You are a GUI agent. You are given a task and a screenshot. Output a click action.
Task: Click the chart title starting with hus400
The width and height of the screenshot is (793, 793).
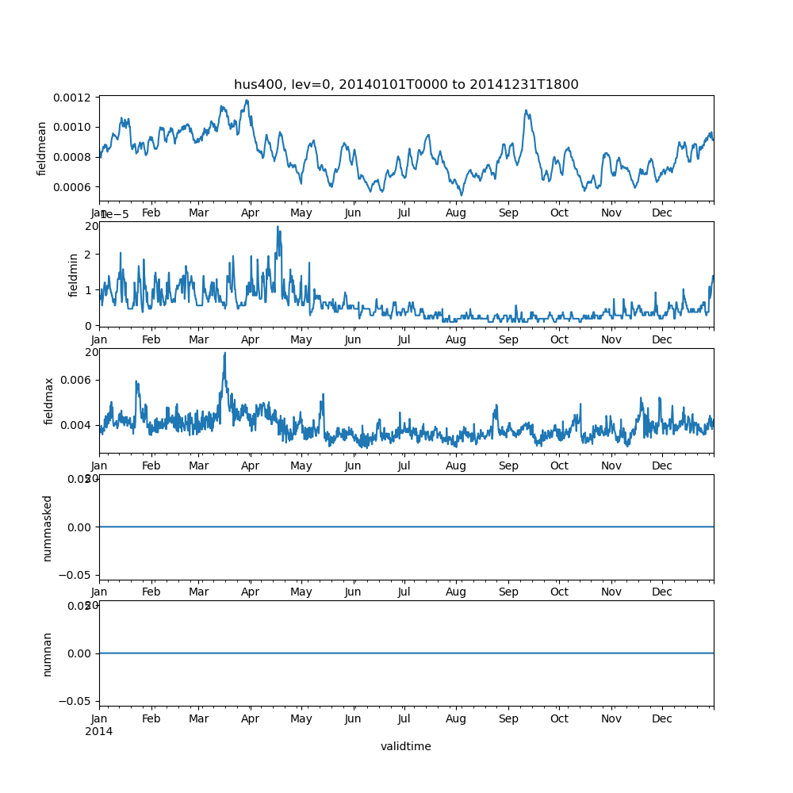(x=406, y=85)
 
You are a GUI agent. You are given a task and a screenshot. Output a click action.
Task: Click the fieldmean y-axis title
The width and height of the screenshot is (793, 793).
(x=42, y=148)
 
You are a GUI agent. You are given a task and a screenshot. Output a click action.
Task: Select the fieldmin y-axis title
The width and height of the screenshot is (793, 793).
(x=74, y=274)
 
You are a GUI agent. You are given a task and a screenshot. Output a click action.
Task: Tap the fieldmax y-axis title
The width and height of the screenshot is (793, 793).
(x=48, y=400)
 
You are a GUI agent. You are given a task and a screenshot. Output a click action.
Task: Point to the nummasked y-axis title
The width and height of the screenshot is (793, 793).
(x=48, y=527)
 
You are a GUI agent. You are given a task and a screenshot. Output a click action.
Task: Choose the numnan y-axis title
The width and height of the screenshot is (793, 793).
(x=48, y=653)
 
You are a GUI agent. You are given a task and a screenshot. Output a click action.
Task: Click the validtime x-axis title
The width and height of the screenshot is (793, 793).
(x=406, y=746)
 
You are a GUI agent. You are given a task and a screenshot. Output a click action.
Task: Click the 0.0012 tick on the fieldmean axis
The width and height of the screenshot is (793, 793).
(x=71, y=98)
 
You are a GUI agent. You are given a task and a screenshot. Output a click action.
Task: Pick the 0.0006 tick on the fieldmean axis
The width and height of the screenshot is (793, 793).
(x=71, y=187)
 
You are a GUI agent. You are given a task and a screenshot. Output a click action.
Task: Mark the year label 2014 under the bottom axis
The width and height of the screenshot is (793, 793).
(x=99, y=731)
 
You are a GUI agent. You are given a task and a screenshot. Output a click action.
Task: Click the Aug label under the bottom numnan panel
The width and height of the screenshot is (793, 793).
(x=456, y=719)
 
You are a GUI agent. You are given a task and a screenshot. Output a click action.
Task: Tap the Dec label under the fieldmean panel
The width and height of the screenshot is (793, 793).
(x=662, y=213)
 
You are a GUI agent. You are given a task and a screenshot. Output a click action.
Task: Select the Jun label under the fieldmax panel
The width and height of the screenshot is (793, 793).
(x=353, y=466)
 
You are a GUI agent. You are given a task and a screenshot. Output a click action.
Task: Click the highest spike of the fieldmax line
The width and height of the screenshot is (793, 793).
(x=224, y=353)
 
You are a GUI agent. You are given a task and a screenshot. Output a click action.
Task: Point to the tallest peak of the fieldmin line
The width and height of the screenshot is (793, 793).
(x=278, y=227)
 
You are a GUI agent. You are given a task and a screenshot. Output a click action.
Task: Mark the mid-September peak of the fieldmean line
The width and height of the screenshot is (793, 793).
(x=527, y=111)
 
